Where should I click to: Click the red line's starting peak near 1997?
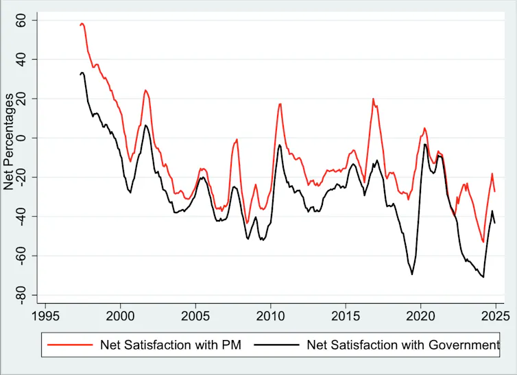pyautogui.click(x=82, y=23)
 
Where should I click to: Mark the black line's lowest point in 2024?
pyautogui.click(x=483, y=277)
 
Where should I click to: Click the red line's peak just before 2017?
pyautogui.click(x=374, y=99)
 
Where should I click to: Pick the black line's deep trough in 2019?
pyautogui.click(x=412, y=274)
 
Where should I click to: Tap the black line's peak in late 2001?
pyautogui.click(x=146, y=125)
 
